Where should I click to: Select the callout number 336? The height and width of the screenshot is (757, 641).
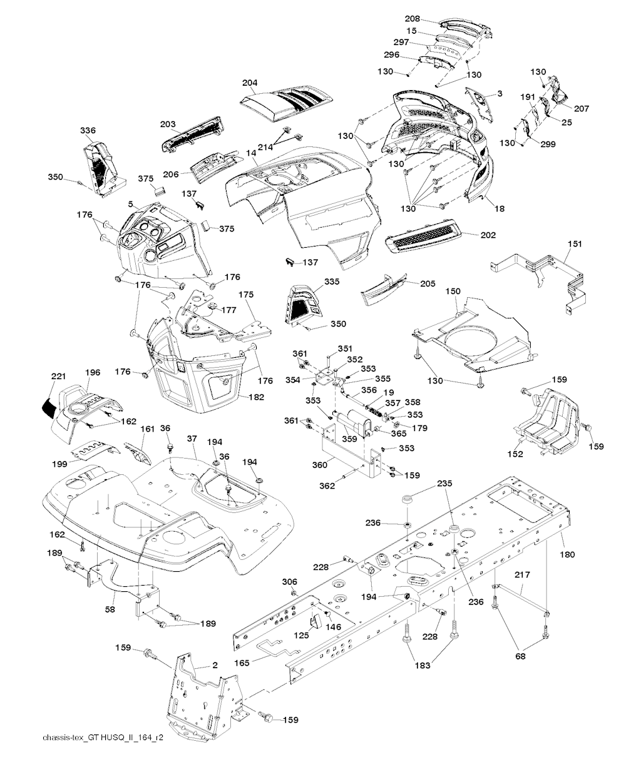pos(88,130)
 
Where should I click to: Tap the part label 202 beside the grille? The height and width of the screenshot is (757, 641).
pos(488,235)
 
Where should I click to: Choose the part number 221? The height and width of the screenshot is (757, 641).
pos(59,376)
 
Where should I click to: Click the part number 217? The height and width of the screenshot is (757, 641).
pos(523,574)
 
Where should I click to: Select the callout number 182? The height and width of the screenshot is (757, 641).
pos(256,397)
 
